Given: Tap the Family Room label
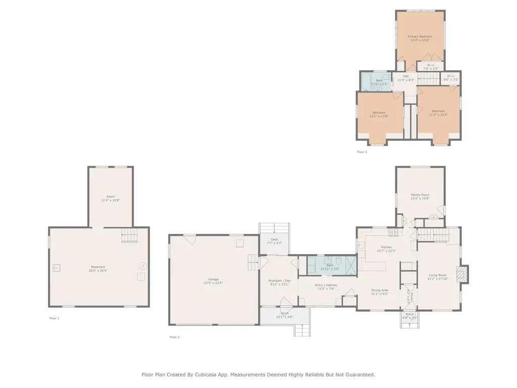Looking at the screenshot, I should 420,195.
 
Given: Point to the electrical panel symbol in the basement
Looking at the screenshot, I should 142,265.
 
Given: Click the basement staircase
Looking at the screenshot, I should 129,235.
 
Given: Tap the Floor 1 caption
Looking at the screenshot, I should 54,318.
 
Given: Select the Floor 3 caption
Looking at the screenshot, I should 362,152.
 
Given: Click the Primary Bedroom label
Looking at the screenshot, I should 420,36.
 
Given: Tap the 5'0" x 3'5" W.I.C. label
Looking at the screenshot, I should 451,80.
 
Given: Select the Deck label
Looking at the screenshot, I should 274,239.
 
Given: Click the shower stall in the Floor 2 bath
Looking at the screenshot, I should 349,265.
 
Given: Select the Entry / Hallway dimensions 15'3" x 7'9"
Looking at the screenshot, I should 327,288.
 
